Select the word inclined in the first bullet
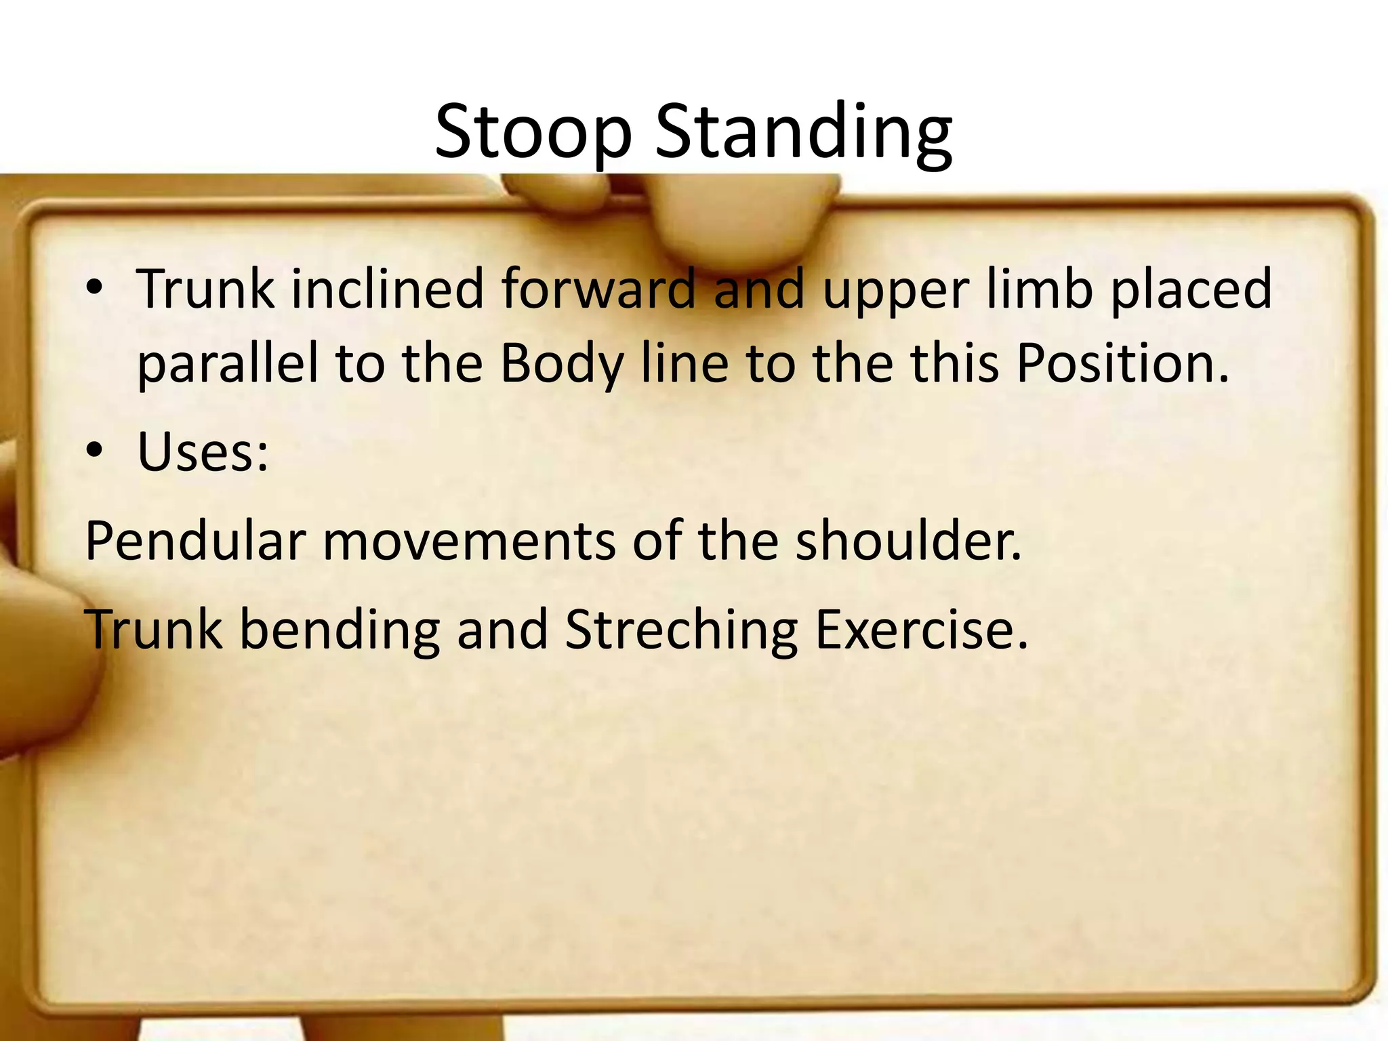[388, 289]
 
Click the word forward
[599, 289]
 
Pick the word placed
[1191, 289]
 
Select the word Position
[1122, 363]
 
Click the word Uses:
[203, 451]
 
